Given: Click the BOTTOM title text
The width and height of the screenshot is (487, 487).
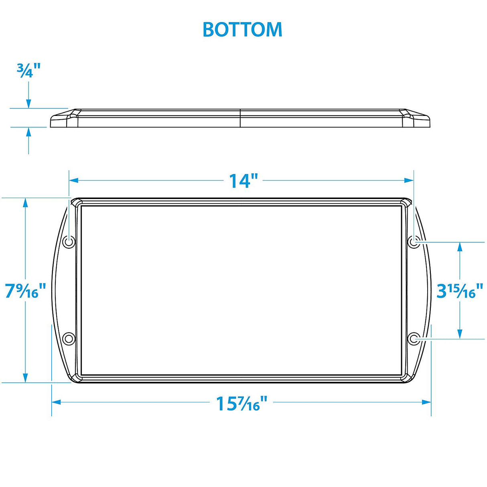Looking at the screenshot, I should (242, 29).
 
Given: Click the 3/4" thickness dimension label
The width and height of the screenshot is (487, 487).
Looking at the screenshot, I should (28, 71).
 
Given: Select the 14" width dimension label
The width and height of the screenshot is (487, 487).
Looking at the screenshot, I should (243, 181).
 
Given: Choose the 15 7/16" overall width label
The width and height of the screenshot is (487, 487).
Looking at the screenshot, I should (241, 403).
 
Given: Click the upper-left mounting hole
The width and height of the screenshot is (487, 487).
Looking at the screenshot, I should (69, 242).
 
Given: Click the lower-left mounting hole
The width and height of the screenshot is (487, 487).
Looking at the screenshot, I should (69, 339).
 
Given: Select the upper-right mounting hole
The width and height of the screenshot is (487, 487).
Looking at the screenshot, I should (414, 242).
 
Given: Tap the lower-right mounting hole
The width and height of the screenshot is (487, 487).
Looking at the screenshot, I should (414, 339).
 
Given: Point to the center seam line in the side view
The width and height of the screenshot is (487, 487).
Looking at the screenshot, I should (240, 118).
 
